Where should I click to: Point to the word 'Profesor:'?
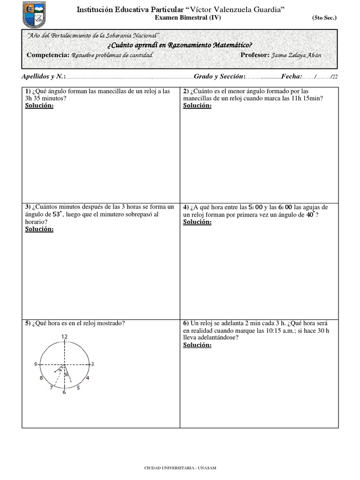coord(255,55)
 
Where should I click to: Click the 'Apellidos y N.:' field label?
coord(44,76)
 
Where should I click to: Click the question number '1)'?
coord(28,91)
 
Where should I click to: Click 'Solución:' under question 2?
coord(197,105)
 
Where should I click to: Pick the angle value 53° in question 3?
coord(57,214)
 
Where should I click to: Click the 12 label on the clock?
coord(65,337)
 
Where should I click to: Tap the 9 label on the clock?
coord(36,364)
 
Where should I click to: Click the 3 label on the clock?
coord(93,364)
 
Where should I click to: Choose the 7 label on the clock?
coord(51,388)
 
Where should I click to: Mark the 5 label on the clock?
coord(78,388)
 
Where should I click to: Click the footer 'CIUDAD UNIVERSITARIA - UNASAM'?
coord(180,468)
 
